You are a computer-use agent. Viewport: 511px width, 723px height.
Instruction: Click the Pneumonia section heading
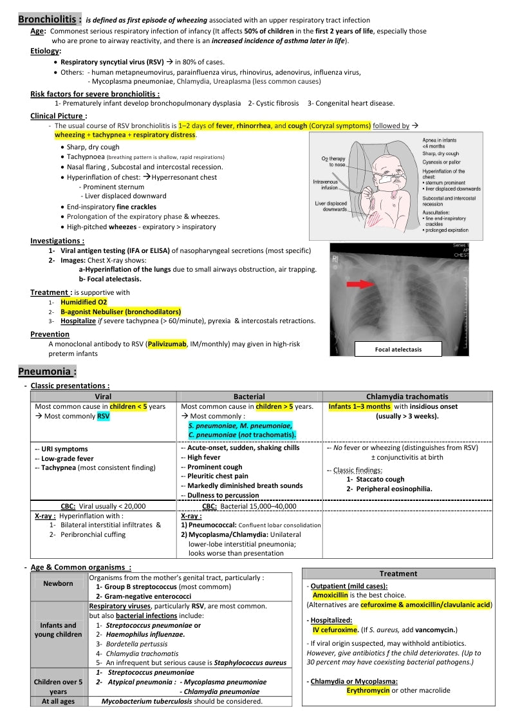point(48,371)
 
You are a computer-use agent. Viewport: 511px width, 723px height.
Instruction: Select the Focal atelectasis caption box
point(398,349)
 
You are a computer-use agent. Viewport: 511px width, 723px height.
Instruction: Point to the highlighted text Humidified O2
point(84,301)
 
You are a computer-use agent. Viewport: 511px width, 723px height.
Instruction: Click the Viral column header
point(103,397)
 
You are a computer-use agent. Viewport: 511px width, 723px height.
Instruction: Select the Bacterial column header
point(249,397)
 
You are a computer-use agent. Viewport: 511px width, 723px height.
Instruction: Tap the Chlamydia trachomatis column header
point(407,397)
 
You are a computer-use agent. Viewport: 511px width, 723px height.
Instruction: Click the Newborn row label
point(59,583)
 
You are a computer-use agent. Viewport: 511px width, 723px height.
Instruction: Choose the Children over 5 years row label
point(59,686)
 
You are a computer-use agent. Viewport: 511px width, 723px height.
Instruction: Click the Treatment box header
point(398,574)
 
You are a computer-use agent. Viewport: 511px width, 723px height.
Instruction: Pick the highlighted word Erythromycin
point(368,691)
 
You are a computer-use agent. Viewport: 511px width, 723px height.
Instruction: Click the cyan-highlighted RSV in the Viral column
point(104,417)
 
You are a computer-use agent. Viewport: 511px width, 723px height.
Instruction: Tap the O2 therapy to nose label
point(334,162)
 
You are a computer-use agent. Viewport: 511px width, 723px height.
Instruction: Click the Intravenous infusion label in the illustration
point(325,185)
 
